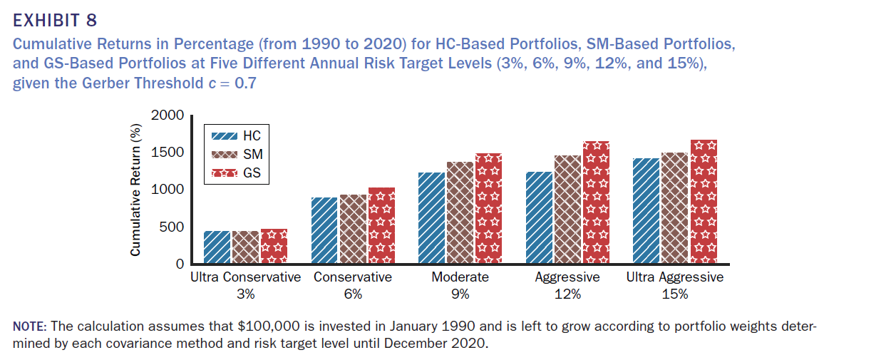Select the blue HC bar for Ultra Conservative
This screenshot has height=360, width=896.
[217, 247]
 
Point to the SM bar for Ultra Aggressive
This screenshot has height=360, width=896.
[675, 208]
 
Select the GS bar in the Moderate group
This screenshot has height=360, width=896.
[488, 208]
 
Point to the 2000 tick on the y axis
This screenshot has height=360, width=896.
[170, 115]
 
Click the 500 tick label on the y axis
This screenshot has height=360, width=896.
[173, 227]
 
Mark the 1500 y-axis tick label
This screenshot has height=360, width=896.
[170, 153]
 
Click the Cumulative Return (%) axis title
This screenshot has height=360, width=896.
[135, 190]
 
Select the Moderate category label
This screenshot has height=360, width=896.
[460, 277]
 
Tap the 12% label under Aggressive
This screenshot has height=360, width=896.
[567, 294]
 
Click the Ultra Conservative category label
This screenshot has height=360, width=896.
[246, 277]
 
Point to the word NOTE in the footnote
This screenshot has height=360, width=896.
[29, 326]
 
